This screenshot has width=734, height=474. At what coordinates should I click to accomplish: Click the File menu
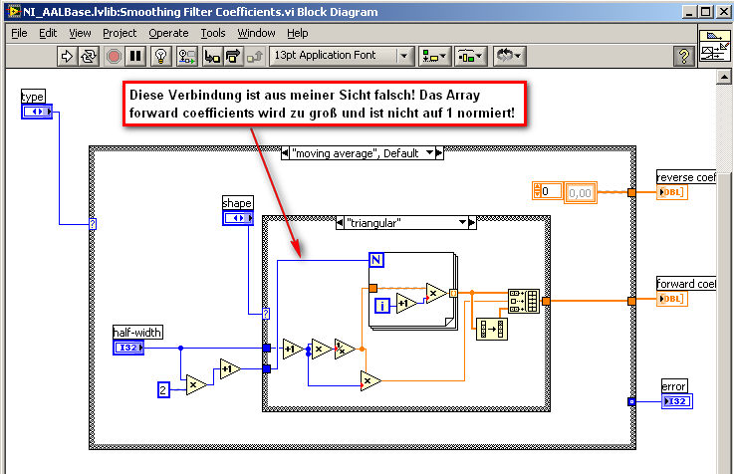pyautogui.click(x=19, y=33)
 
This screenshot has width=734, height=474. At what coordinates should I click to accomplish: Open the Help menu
pyautogui.click(x=297, y=33)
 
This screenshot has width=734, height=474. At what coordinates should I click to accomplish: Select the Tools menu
pyautogui.click(x=213, y=33)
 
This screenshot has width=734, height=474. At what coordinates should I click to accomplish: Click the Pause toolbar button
pyautogui.click(x=135, y=56)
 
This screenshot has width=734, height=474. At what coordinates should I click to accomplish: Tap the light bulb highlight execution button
pyautogui.click(x=161, y=56)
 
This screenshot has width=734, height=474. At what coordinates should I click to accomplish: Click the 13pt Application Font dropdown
pyautogui.click(x=342, y=56)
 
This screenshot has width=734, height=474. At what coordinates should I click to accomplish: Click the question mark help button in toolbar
pyautogui.click(x=684, y=56)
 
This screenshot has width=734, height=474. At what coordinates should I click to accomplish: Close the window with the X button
pyautogui.click(x=723, y=12)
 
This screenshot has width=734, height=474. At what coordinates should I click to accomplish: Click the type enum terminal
pyautogui.click(x=37, y=112)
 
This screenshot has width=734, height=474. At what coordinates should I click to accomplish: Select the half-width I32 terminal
pyautogui.click(x=128, y=348)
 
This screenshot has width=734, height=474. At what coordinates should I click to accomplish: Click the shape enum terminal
pyautogui.click(x=238, y=218)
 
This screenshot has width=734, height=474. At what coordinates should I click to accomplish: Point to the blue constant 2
pyautogui.click(x=163, y=389)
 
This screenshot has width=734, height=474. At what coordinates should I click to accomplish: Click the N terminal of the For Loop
pyautogui.click(x=376, y=260)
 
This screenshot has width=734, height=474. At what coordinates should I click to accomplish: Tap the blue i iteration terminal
pyautogui.click(x=382, y=306)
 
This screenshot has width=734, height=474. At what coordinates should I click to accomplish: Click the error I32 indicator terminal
pyautogui.click(x=677, y=401)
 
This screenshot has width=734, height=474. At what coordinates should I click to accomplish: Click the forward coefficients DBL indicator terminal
pyautogui.click(x=671, y=299)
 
